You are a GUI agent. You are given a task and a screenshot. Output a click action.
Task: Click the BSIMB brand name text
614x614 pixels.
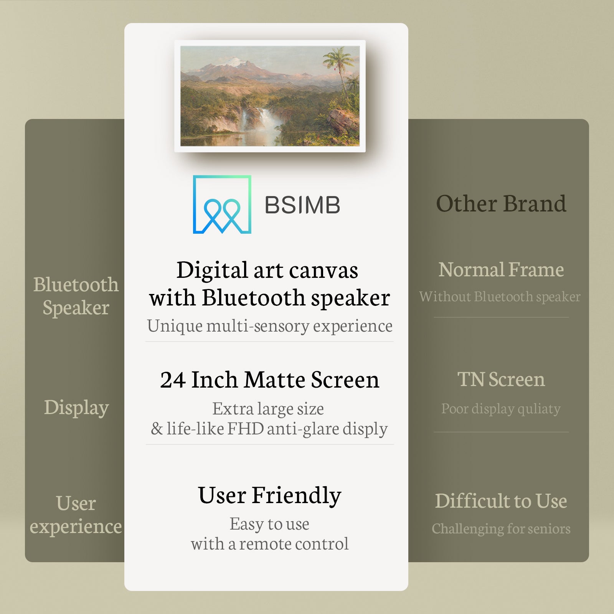[x=302, y=205]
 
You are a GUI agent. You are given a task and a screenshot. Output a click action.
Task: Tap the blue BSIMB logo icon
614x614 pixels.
[x=222, y=205]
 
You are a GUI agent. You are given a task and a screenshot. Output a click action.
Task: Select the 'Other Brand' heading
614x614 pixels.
[x=501, y=203]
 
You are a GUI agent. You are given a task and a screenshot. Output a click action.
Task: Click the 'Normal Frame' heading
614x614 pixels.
[x=501, y=269]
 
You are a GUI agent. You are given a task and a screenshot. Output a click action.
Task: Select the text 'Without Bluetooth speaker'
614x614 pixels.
[x=500, y=297]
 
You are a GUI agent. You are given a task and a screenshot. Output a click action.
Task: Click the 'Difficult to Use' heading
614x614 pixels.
[x=501, y=501]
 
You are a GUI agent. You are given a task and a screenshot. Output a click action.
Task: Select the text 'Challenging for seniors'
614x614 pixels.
[x=501, y=529]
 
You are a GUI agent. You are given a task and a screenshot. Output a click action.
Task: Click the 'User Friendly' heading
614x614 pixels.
[x=270, y=495]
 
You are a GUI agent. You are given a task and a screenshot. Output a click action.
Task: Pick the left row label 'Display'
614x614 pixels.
[x=76, y=408]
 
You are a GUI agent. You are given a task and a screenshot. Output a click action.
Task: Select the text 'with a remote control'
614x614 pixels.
[x=270, y=544]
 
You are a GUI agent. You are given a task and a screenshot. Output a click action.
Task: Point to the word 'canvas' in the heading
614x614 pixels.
[x=324, y=270]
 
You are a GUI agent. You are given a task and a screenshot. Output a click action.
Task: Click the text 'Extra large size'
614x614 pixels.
[x=268, y=409]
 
